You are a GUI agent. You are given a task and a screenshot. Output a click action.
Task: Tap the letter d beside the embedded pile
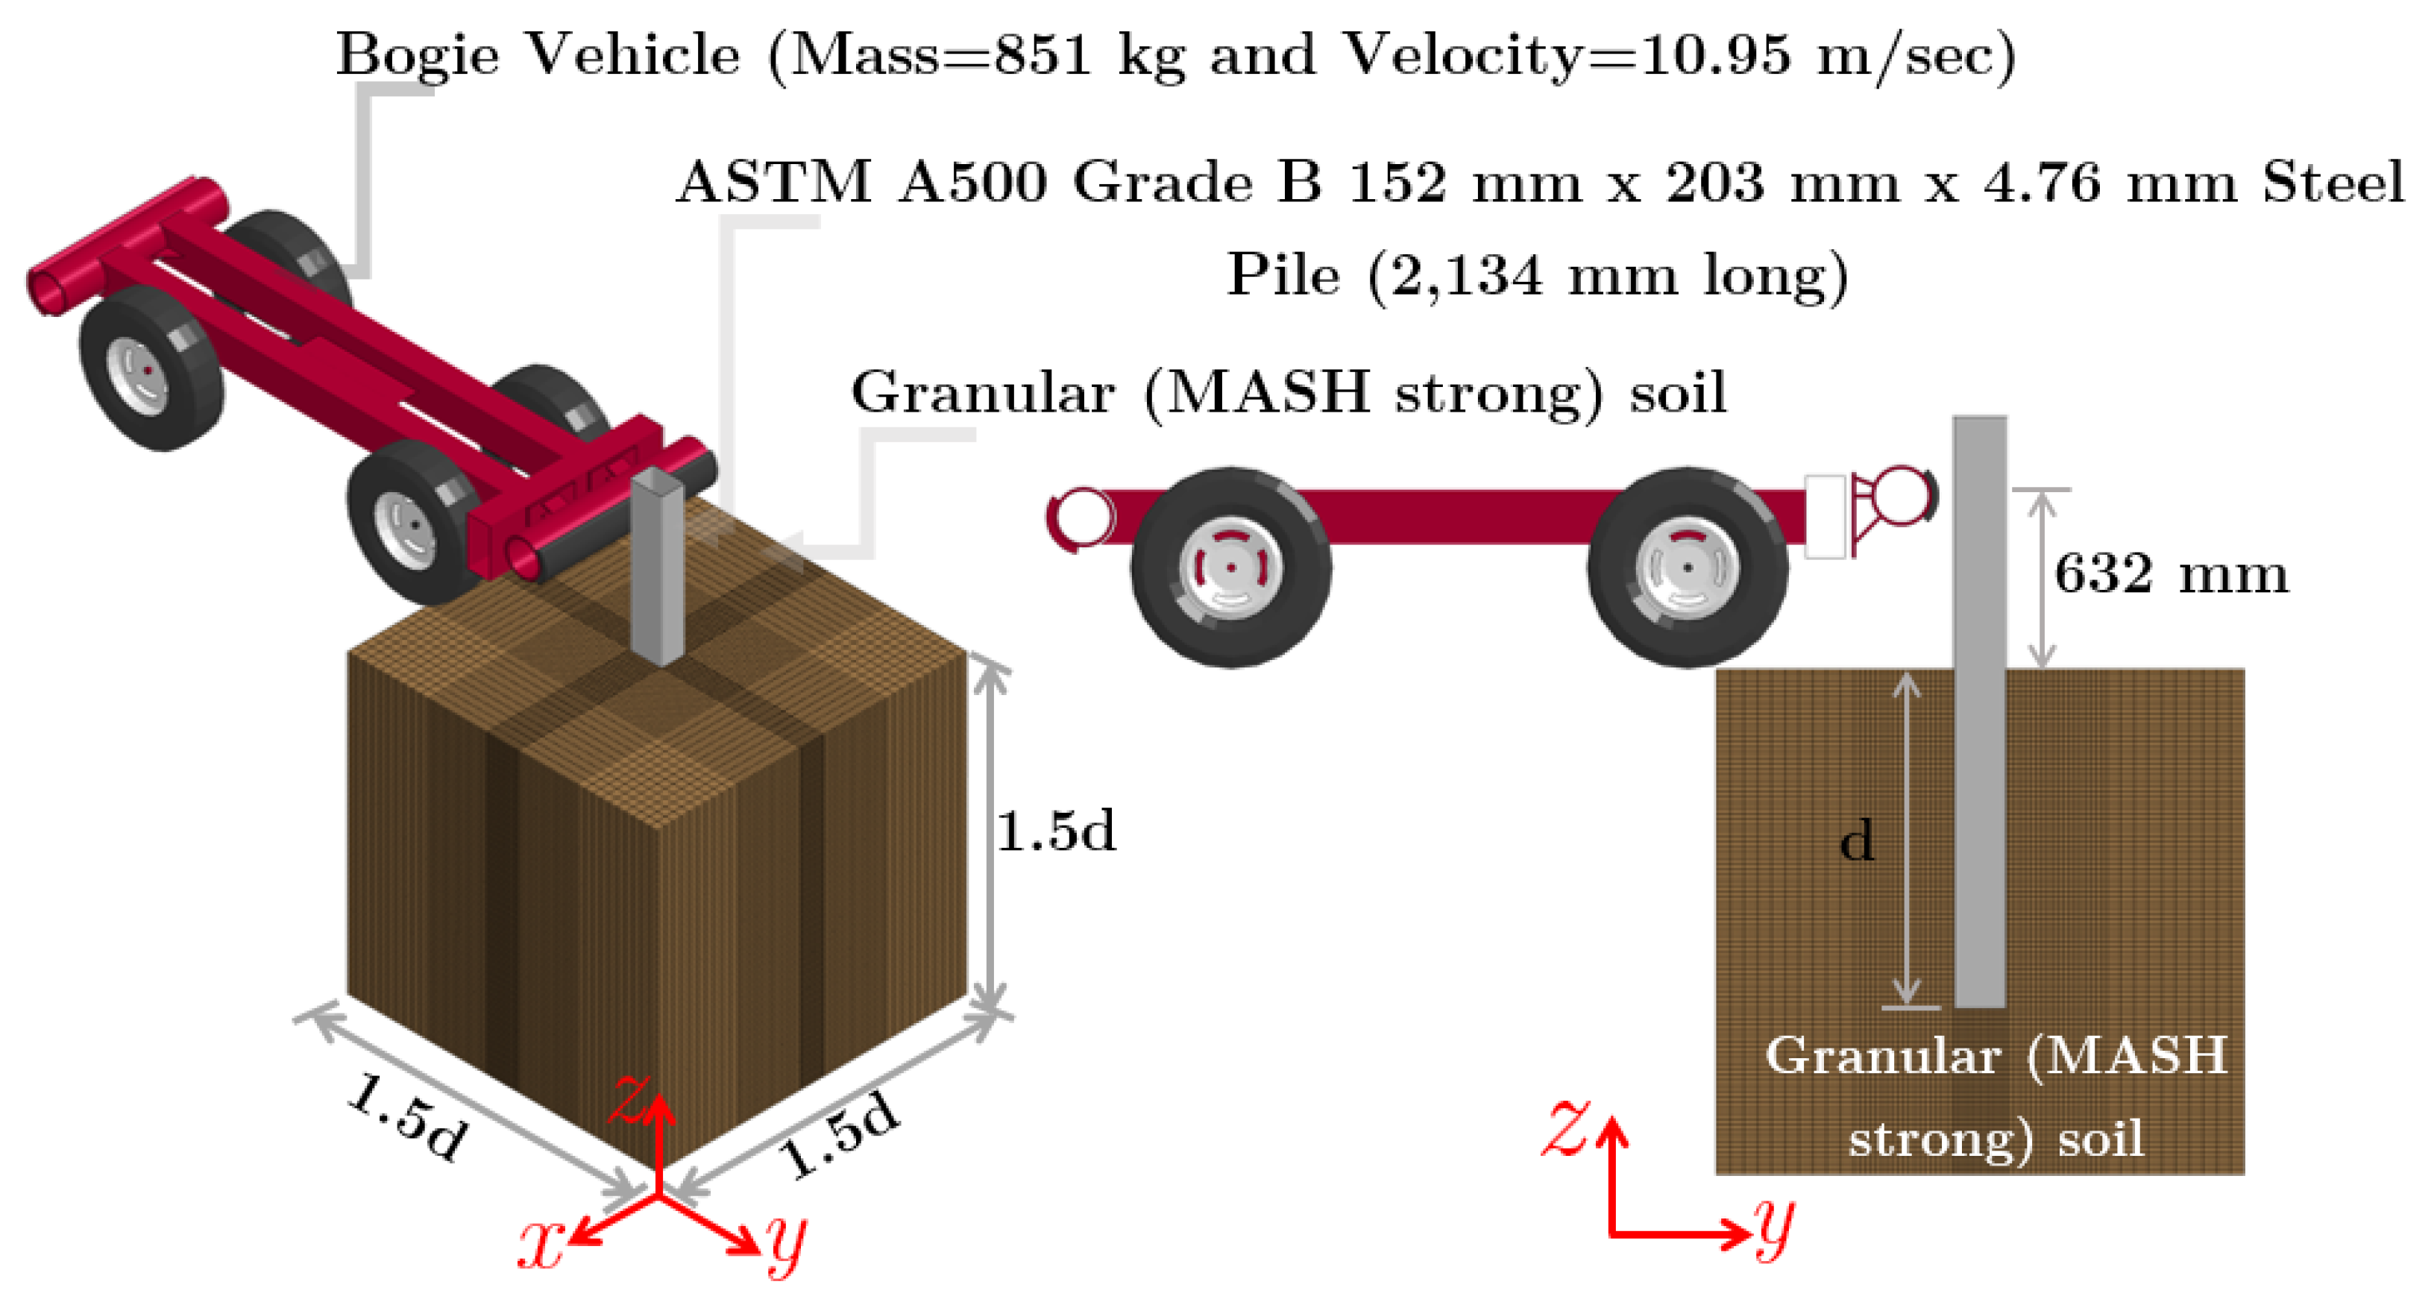point(1857,841)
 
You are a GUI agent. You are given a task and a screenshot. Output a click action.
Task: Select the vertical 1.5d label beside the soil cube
point(1055,831)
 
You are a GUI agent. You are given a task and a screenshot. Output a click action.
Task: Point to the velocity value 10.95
point(1715,54)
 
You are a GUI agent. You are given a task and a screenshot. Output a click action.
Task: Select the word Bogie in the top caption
point(417,54)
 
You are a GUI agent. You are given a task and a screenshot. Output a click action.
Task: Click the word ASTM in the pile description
point(775,183)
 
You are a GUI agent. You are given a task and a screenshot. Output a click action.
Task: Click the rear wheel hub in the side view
point(1231,567)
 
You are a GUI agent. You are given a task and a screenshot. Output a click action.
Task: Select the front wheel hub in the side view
point(1688,567)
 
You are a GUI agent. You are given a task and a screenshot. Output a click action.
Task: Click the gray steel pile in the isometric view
point(658,567)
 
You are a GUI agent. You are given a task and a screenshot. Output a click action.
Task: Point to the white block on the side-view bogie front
point(1825,516)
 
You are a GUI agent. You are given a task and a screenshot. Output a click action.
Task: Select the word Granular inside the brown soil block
point(1882,1055)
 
